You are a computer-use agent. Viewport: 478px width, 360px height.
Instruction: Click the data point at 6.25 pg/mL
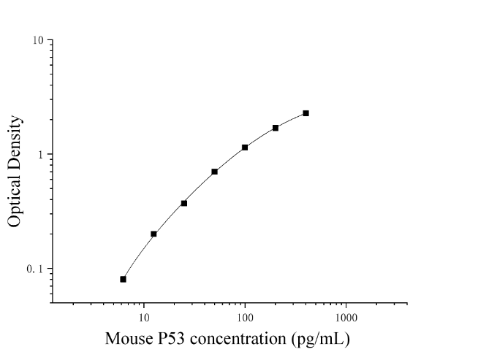pos(124,279)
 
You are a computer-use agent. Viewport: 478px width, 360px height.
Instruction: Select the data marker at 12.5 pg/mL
pos(153,234)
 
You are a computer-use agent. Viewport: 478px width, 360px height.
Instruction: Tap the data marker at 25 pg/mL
pos(184,203)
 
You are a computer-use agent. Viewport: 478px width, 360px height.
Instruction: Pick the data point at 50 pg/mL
pos(215,172)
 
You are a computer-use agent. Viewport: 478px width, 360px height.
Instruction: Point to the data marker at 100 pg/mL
pos(245,148)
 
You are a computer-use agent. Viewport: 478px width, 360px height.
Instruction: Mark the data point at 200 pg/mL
pos(276,128)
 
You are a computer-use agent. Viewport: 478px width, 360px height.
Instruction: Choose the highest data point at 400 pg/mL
pos(306,113)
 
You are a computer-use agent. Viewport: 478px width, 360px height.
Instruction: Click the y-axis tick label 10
pos(39,40)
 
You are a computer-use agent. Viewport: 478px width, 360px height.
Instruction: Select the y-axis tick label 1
pos(41,155)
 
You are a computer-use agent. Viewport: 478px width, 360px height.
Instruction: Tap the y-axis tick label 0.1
pos(35,269)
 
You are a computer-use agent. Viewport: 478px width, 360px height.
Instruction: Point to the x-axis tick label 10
pos(144,318)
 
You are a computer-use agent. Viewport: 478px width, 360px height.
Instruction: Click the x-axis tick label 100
pos(245,318)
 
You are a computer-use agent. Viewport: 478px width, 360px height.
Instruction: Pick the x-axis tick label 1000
pos(346,318)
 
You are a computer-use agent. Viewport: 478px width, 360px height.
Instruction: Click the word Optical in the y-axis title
pos(15,202)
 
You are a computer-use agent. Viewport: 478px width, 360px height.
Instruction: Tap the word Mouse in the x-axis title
pos(129,339)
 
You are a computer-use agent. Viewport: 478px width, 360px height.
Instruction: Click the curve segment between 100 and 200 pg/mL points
pos(260,137)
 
